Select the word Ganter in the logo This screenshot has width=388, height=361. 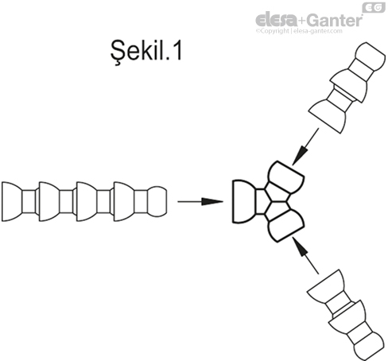(x=333, y=18)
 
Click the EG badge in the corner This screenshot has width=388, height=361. (x=373, y=8)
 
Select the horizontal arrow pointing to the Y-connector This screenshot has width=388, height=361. (x=198, y=201)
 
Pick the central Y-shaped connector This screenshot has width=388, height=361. (x=266, y=202)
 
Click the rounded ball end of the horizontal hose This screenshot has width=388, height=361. (x=157, y=200)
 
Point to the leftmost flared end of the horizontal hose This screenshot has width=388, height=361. (x=11, y=200)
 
